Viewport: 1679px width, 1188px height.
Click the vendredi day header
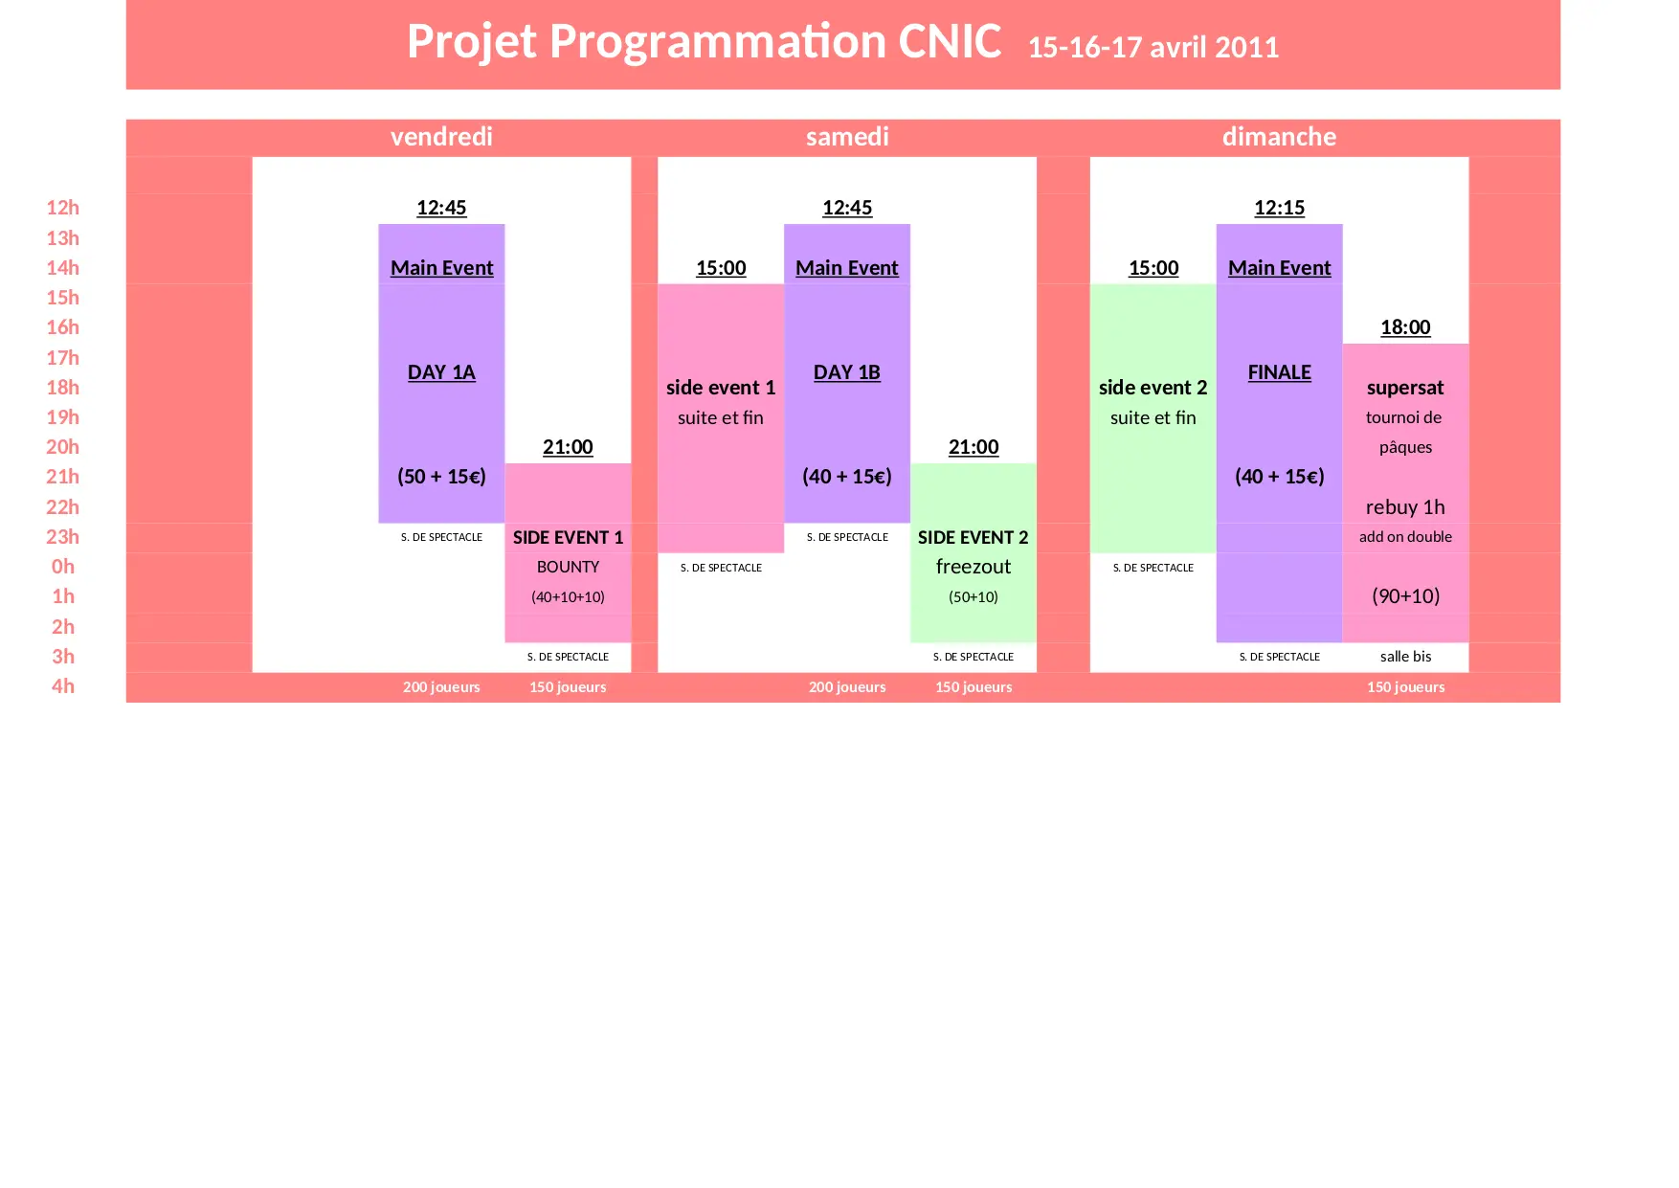tap(441, 137)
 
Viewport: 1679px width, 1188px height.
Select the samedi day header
tap(847, 137)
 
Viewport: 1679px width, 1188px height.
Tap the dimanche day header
tap(1279, 137)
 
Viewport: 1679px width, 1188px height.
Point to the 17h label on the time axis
tap(63, 358)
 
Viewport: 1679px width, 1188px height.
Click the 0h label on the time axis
tap(63, 567)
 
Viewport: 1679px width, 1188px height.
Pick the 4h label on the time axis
tap(63, 686)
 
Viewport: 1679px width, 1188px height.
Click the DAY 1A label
tap(441, 372)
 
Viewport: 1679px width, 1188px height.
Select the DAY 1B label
tap(847, 372)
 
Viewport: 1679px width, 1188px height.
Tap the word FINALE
tap(1279, 372)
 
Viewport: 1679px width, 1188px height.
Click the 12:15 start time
tap(1279, 208)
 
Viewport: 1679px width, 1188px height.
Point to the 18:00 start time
tap(1405, 327)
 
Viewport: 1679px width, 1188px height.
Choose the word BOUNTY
tap(568, 567)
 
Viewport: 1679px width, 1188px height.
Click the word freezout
tap(974, 567)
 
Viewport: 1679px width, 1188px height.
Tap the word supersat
tap(1405, 388)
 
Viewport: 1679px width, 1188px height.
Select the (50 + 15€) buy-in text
tap(441, 477)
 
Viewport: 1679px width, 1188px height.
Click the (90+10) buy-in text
tap(1405, 596)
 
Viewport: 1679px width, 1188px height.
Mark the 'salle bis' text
tap(1405, 657)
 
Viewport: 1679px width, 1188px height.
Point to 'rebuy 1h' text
tap(1405, 507)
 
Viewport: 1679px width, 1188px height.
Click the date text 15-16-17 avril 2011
tap(1153, 48)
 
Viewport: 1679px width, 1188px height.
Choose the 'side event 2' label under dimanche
tap(1153, 388)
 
